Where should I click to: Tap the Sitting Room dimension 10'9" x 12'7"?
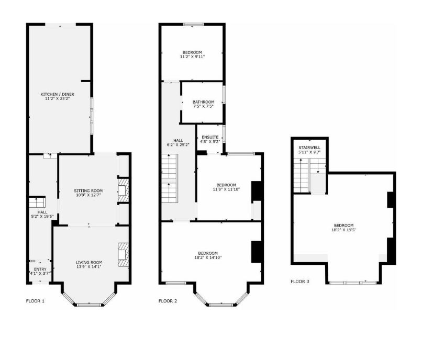pos(88,196)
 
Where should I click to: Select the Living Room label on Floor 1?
pos(88,262)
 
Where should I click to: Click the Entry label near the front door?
pos(33,269)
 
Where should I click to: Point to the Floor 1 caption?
pos(36,301)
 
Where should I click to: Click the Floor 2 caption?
pos(168,301)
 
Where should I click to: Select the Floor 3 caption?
pos(300,282)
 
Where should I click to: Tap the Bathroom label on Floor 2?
pos(203,102)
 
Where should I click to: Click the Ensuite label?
pos(210,137)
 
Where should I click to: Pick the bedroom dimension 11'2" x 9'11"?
pos(192,57)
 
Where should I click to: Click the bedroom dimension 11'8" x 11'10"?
pos(227,189)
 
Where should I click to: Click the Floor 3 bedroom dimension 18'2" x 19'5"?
pos(344,229)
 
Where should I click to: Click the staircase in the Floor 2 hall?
pos(170,181)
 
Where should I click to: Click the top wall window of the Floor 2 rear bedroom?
pos(192,24)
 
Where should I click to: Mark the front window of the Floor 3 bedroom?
pos(353,283)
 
